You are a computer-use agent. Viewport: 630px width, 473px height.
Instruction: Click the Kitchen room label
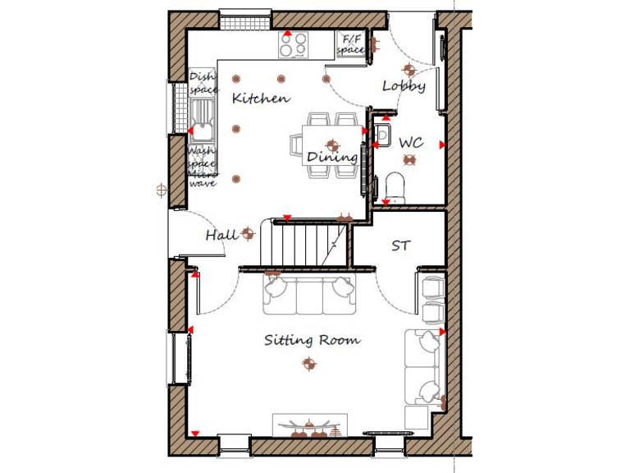coord(261,99)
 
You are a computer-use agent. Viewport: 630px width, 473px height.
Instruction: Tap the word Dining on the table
coord(332,157)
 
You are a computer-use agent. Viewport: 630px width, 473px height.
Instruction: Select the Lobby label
coord(404,86)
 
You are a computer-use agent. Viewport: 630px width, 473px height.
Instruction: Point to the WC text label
coord(411,143)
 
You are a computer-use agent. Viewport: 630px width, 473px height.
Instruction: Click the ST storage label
coord(400,246)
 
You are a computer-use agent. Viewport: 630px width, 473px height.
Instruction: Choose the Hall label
coord(221,236)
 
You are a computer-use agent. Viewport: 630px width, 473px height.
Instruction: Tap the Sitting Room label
coord(312,340)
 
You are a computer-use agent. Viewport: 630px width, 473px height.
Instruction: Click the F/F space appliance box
coord(351,44)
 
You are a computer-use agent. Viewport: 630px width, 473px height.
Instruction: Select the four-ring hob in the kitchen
coord(294,44)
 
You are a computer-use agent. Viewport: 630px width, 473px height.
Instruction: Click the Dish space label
coord(203,83)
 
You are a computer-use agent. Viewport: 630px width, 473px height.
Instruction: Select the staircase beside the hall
coord(305,244)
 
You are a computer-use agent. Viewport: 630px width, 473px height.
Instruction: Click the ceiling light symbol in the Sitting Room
coord(308,363)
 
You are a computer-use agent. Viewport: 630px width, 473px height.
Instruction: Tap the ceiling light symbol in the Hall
coord(248,235)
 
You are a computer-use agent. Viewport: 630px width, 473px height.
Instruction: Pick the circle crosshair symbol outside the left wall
coord(161,190)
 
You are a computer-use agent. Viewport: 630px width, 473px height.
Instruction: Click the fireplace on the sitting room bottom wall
coord(310,426)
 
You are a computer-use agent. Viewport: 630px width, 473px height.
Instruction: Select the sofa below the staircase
coord(308,295)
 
